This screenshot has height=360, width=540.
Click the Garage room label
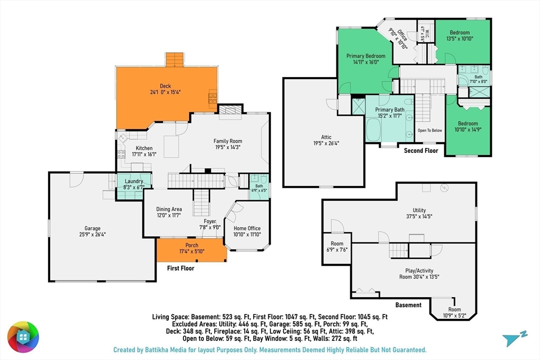[x=93, y=228]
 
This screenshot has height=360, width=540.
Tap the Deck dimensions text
[x=165, y=92]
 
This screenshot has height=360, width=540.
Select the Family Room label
[x=228, y=141]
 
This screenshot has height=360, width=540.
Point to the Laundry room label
[x=133, y=181]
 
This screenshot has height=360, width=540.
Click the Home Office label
[x=247, y=228]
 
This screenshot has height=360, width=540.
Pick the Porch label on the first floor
[x=192, y=246]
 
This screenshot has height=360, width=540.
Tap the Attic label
[x=326, y=137]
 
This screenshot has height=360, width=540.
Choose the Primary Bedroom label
[x=366, y=56]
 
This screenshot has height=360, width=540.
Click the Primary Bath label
[x=390, y=110]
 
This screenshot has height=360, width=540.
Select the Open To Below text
[x=430, y=130]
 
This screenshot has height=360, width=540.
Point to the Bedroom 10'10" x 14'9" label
[x=468, y=127]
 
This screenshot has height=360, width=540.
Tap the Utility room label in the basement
[x=419, y=210]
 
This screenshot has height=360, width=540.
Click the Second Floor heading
[x=421, y=150]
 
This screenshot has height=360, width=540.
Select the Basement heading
[x=409, y=305]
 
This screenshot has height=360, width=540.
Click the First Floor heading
[x=180, y=268]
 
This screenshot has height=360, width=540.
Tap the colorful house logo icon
[x=23, y=337]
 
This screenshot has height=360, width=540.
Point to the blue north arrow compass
[x=514, y=339]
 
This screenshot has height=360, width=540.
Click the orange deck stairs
[x=175, y=60]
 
